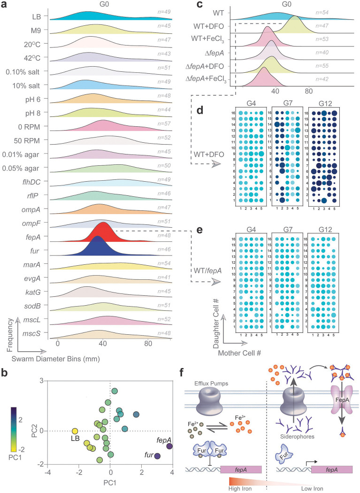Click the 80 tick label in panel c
pos(308,91)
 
